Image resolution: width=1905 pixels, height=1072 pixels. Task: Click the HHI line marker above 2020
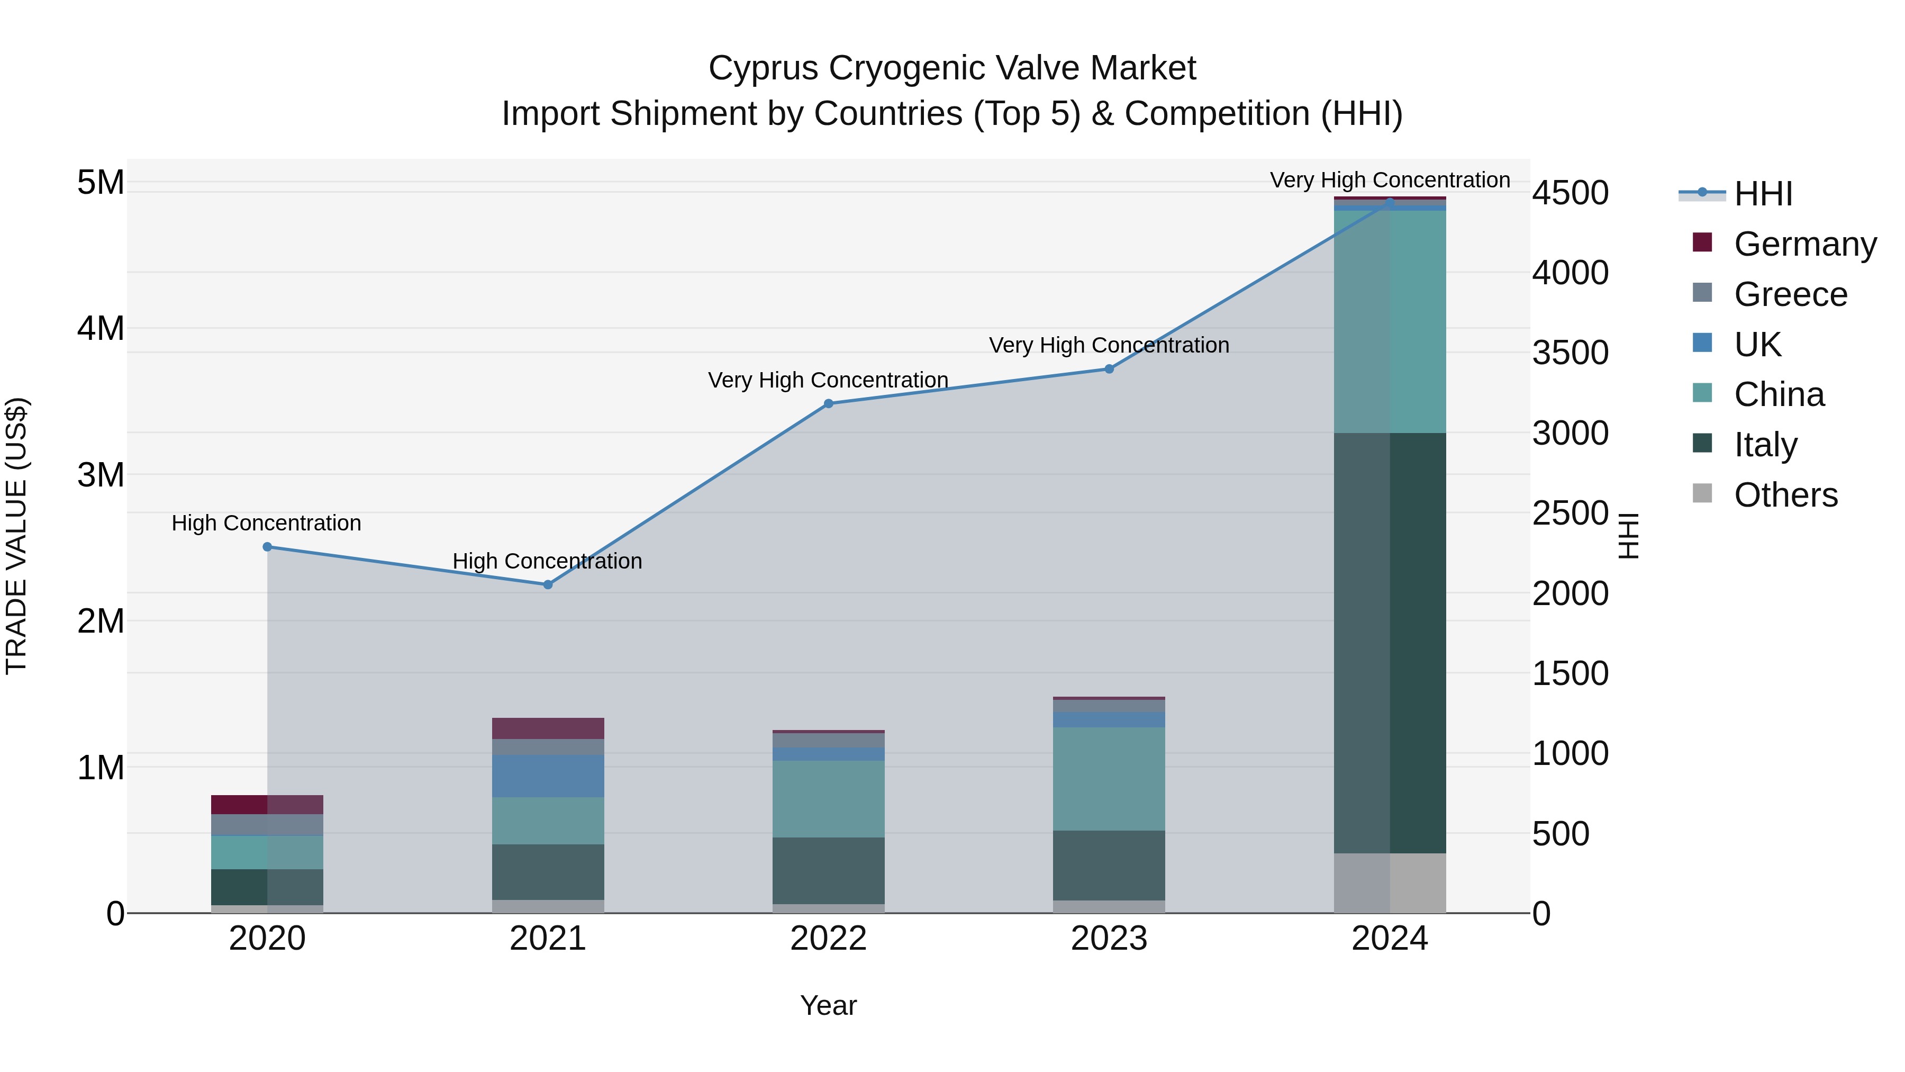(x=267, y=547)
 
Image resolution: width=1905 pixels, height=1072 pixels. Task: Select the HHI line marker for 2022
(x=828, y=403)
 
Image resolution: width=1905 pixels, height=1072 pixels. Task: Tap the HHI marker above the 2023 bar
(x=1109, y=368)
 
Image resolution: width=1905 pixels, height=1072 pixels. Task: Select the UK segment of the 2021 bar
(x=548, y=776)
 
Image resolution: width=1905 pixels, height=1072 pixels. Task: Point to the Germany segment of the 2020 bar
(x=267, y=804)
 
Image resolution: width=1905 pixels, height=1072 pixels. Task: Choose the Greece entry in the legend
(x=1790, y=294)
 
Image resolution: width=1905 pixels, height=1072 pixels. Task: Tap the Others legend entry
(x=1785, y=494)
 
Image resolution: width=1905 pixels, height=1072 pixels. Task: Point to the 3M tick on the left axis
(x=101, y=474)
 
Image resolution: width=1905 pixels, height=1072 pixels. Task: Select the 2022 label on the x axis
(x=828, y=939)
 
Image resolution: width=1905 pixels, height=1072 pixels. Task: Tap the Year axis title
(x=828, y=1005)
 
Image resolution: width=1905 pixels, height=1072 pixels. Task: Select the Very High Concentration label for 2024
(x=1390, y=180)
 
